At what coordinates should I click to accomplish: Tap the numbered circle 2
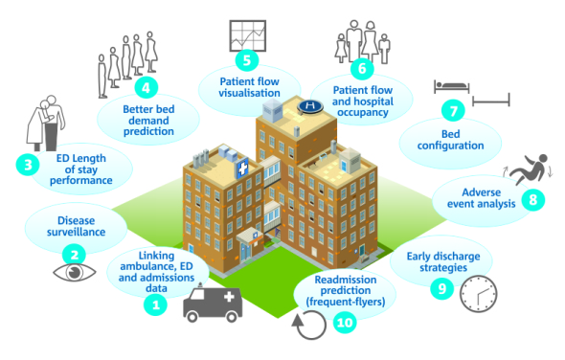pyautogui.click(x=74, y=255)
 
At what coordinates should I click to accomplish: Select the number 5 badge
pyautogui.click(x=247, y=60)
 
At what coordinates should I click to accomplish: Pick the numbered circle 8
pyautogui.click(x=533, y=200)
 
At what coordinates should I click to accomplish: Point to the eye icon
pyautogui.click(x=74, y=273)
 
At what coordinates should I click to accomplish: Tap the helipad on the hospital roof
pyautogui.click(x=310, y=104)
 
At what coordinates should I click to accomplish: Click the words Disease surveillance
pyautogui.click(x=75, y=225)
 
